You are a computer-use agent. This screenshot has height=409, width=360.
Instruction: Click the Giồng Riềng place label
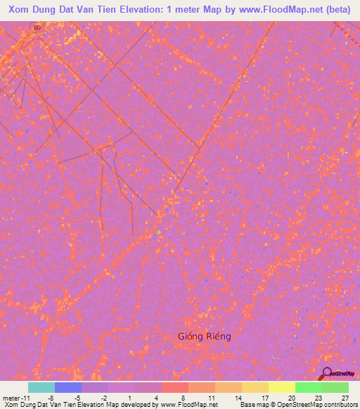coord(204,336)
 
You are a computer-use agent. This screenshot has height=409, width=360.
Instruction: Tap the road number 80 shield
coord(37,27)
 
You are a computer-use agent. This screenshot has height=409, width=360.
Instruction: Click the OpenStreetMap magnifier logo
coord(326,373)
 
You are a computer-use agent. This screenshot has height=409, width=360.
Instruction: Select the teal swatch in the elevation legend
coord(41,387)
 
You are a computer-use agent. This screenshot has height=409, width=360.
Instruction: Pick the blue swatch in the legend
coord(68,387)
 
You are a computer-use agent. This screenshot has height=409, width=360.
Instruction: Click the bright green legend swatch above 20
coord(309,387)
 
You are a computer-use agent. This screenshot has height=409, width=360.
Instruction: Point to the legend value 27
coord(345,398)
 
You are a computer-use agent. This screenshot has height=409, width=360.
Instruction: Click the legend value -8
coord(51,398)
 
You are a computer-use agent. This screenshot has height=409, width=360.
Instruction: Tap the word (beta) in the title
coord(341,8)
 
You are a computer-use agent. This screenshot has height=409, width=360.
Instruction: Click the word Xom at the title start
coord(18,8)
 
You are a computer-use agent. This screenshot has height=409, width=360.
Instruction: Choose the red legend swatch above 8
coord(175,387)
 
